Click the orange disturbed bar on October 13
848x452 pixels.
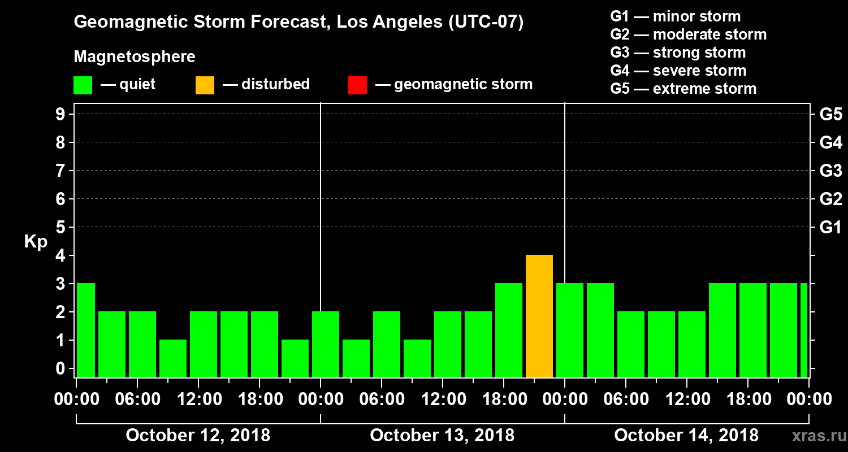pyautogui.click(x=539, y=316)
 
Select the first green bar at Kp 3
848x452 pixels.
pyautogui.click(x=85, y=330)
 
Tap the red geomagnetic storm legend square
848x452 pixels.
pyautogui.click(x=357, y=85)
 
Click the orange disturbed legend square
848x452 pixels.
pyautogui.click(x=205, y=85)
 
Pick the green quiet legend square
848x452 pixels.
pyautogui.click(x=83, y=85)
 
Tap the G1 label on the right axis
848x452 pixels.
pyautogui.click(x=830, y=228)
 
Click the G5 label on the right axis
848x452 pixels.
pyautogui.click(x=830, y=115)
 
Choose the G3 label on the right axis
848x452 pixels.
pyautogui.click(x=830, y=171)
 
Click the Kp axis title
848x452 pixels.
pyautogui.click(x=36, y=242)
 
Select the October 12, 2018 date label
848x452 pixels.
pyautogui.click(x=198, y=436)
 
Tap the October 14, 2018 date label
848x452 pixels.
pyautogui.click(x=686, y=436)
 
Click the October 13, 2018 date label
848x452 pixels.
pyautogui.click(x=442, y=436)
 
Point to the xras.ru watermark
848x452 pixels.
pyautogui.click(x=815, y=436)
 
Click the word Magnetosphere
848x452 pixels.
pyautogui.click(x=135, y=57)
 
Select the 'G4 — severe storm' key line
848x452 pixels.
pyautogui.click(x=678, y=71)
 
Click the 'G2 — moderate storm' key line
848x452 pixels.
pyautogui.click(x=689, y=34)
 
